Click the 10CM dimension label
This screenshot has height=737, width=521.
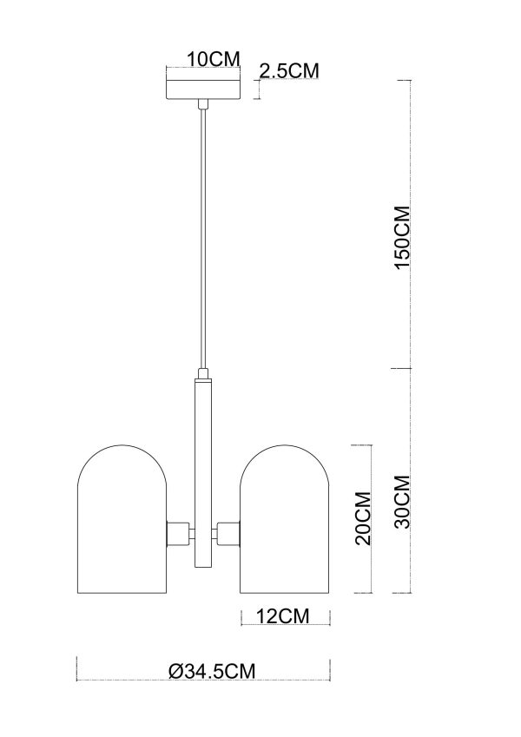click(213, 59)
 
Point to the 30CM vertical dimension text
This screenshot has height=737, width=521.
click(401, 503)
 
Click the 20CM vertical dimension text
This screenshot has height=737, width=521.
click(364, 518)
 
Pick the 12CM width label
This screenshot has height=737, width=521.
click(283, 616)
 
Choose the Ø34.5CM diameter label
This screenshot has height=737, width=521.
click(212, 670)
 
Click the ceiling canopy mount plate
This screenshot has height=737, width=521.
click(202, 89)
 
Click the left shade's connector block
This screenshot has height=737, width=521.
click(177, 532)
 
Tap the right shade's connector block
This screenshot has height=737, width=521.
click(229, 532)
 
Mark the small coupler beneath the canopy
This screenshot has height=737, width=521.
click(203, 104)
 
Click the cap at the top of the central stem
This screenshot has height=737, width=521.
click(203, 376)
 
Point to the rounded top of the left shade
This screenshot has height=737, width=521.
click(122, 456)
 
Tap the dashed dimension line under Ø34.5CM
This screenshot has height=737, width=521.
click(204, 681)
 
